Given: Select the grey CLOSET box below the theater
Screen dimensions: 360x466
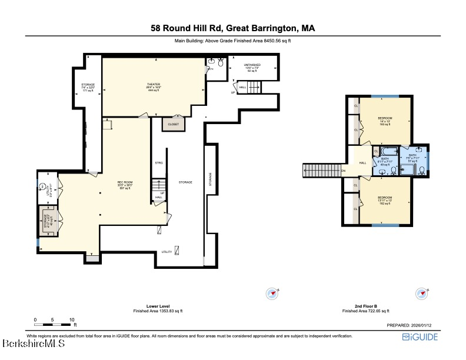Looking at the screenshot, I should (x=173, y=124).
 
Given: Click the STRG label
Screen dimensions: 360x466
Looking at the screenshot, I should (x=158, y=162).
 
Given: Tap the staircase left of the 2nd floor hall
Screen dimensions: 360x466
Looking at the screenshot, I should (x=322, y=171).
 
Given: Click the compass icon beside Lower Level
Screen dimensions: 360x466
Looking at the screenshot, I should (x=271, y=292).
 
